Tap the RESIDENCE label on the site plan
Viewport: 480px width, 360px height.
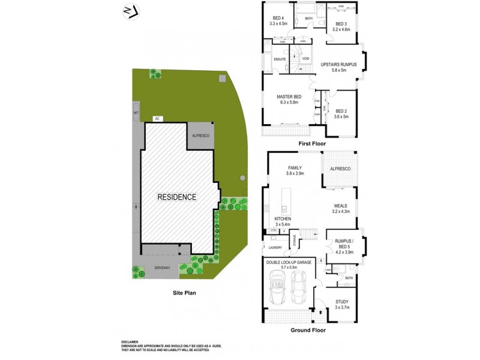pos(176,197)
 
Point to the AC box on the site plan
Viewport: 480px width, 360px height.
pos(157,119)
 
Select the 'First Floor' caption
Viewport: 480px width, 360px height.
pos(312,145)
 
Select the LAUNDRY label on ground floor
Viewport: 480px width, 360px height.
pos(275,247)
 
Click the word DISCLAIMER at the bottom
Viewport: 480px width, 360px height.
pos(130,341)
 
